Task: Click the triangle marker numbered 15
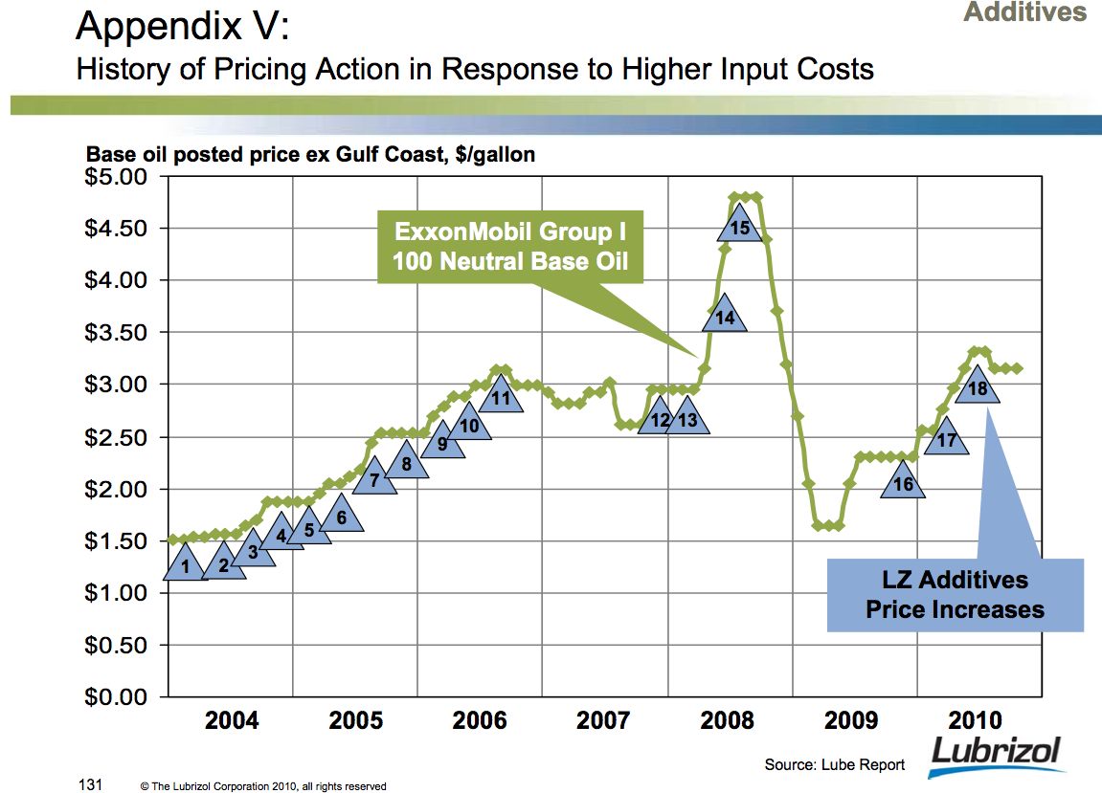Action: (739, 227)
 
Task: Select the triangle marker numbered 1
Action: (186, 566)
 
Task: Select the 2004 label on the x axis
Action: (232, 720)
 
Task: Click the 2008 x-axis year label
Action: (728, 720)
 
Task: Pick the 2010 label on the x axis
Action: (975, 720)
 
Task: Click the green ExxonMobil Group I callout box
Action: (510, 247)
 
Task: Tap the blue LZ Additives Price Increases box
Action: (955, 594)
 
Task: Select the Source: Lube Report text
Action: (835, 764)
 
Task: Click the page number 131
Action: (89, 785)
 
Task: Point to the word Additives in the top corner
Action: (1024, 12)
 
